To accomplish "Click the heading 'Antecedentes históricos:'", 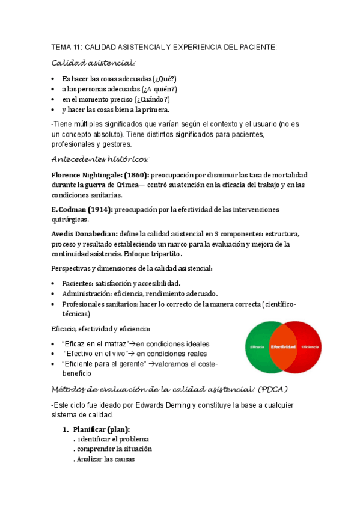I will (x=100, y=159).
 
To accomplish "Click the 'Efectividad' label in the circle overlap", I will (x=283, y=348).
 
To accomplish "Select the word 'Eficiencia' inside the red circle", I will (x=310, y=348).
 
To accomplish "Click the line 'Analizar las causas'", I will (x=105, y=459).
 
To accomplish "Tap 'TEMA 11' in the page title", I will (x=67, y=48).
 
